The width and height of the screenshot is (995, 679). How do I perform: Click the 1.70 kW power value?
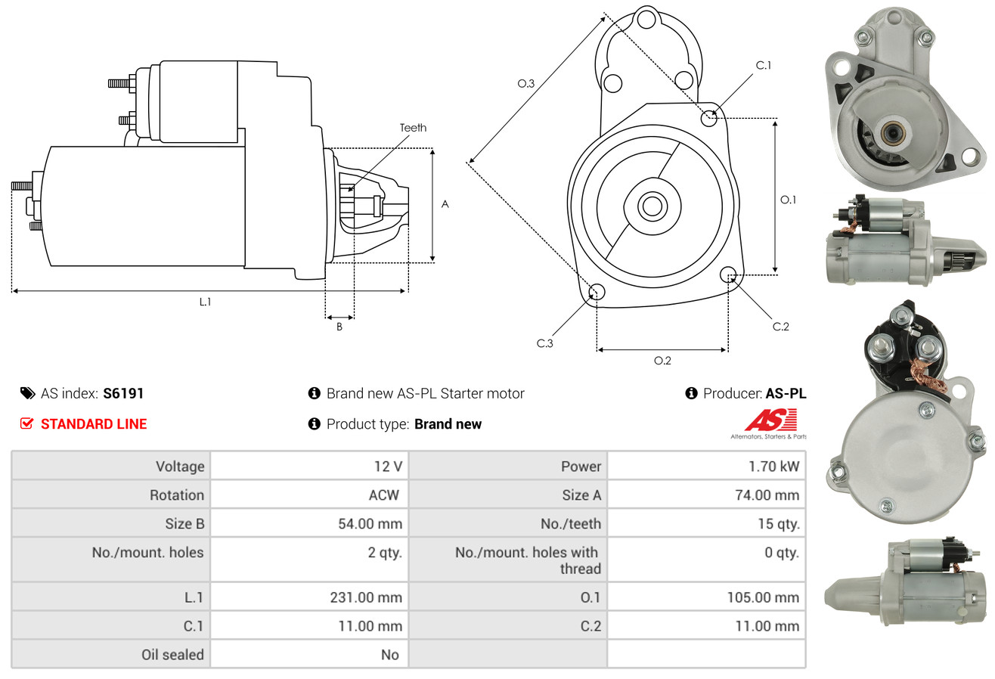774,467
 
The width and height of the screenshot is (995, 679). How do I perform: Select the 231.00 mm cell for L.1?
366,597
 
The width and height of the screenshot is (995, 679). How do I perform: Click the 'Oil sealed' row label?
172,655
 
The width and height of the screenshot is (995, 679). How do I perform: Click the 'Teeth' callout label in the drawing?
413,128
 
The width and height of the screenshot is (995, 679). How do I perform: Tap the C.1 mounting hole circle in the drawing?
709,118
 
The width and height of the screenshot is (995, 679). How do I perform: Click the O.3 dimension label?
526,84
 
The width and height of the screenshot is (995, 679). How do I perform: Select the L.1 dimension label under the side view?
205,302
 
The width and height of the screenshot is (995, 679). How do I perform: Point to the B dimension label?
339,327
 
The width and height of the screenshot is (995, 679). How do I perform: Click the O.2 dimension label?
662,361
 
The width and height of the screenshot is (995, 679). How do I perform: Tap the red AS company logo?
770,420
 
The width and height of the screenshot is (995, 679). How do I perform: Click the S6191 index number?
123,393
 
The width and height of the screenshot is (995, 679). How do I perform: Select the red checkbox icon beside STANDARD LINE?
27,423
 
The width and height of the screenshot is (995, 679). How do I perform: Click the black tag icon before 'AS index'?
27,393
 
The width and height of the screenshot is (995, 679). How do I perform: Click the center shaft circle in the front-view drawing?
650,205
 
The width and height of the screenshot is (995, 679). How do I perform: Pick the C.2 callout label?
781,327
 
